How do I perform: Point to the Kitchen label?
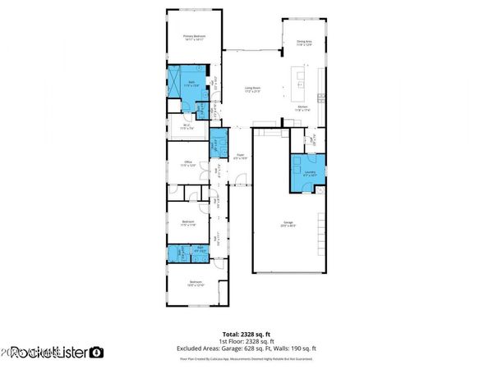point(302,108)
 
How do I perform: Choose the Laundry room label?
point(309,174)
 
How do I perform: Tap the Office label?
point(188,163)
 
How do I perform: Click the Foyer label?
point(241,156)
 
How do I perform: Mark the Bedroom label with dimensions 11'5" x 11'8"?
point(188,223)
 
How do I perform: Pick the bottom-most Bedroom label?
point(195,285)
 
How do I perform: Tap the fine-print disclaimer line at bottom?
point(246,358)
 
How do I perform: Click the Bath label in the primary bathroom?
point(191,84)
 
